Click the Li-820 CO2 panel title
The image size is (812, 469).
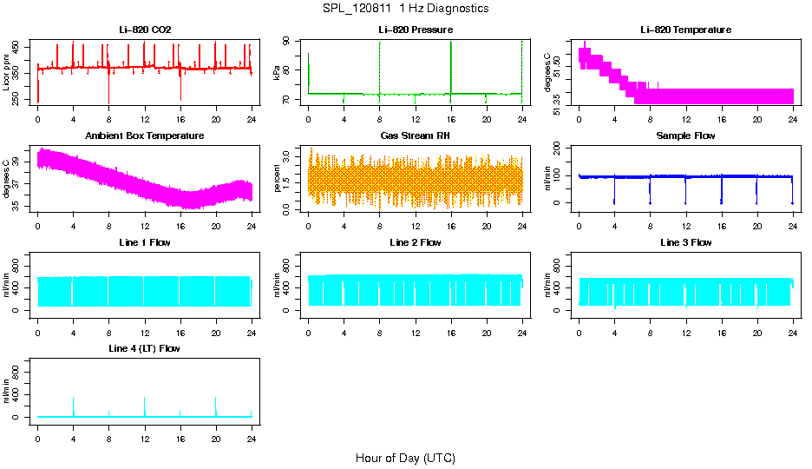point(145,30)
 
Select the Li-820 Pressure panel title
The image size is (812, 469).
point(415,30)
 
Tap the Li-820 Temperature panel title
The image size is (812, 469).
point(685,30)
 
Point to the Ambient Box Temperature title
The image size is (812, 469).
point(145,136)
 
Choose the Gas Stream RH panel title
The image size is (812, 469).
point(415,136)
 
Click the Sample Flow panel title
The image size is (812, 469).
point(685,136)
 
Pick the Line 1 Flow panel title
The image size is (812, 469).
point(145,242)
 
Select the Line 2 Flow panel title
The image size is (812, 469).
point(415,242)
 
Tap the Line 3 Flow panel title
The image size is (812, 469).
point(685,242)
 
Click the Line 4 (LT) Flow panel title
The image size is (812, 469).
point(145,348)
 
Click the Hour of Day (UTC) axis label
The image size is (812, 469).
point(405,458)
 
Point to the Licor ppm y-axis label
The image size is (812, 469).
point(7,72)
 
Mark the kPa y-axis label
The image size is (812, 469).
point(278,72)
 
